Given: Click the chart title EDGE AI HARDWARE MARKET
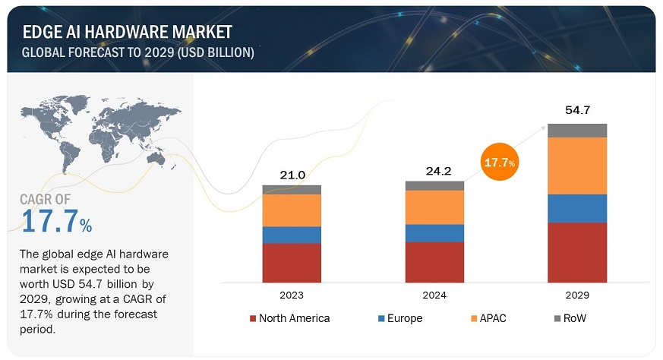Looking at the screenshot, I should coord(127,32).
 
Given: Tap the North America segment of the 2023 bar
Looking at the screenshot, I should coord(292,263).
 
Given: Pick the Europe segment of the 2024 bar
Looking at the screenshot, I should coord(434,233).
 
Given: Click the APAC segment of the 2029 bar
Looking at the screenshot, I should coord(577,166).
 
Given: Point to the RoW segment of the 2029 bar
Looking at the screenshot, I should coord(577,130).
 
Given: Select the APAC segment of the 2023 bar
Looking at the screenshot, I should coord(292,210).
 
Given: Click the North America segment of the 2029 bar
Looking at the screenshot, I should coord(577,252).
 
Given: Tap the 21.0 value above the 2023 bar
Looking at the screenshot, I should coord(292,175).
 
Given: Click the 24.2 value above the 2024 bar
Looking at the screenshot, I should coord(435,172).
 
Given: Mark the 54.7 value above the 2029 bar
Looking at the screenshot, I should coord(577,110).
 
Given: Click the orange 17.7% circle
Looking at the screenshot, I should coord(500,163).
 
